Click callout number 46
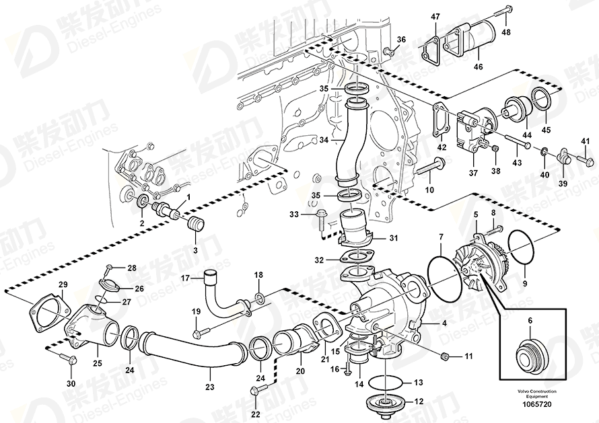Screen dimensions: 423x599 479,67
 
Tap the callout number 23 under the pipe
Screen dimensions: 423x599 209,387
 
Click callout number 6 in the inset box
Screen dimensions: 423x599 529,321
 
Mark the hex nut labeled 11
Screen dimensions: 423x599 446,354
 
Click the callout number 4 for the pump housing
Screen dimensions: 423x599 444,322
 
